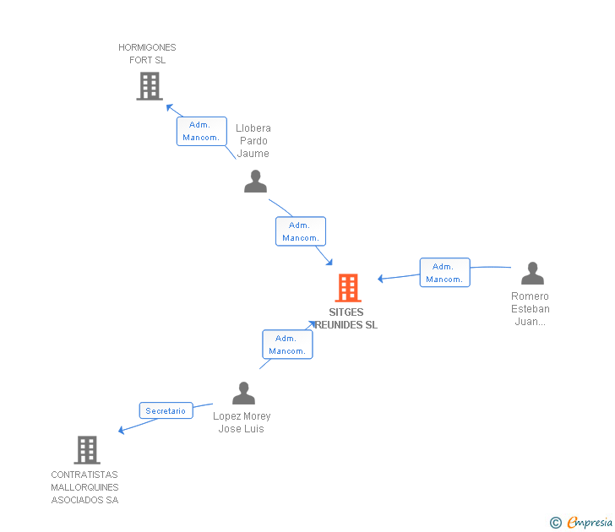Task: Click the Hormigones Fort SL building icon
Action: click(150, 86)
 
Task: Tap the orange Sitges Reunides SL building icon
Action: click(348, 288)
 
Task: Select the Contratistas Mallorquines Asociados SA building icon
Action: click(87, 450)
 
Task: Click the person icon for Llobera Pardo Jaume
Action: click(255, 181)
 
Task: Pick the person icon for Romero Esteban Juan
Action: click(532, 273)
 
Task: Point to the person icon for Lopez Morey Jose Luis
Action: click(243, 394)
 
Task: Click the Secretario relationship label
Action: click(166, 411)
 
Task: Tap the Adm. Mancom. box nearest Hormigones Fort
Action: click(201, 131)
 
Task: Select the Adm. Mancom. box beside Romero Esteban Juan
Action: click(444, 273)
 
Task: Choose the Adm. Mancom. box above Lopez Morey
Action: click(287, 345)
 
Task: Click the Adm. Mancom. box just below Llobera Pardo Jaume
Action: click(300, 231)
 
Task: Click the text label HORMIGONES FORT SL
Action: click(147, 54)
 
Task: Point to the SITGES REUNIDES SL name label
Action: click(346, 318)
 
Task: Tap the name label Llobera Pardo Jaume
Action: click(253, 141)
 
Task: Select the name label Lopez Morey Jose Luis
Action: click(242, 422)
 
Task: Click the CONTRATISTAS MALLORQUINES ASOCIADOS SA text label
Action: click(84, 487)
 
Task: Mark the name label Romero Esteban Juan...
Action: click(530, 308)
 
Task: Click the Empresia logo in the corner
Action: click(589, 522)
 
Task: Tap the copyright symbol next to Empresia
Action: click(555, 523)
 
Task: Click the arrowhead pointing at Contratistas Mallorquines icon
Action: click(122, 431)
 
